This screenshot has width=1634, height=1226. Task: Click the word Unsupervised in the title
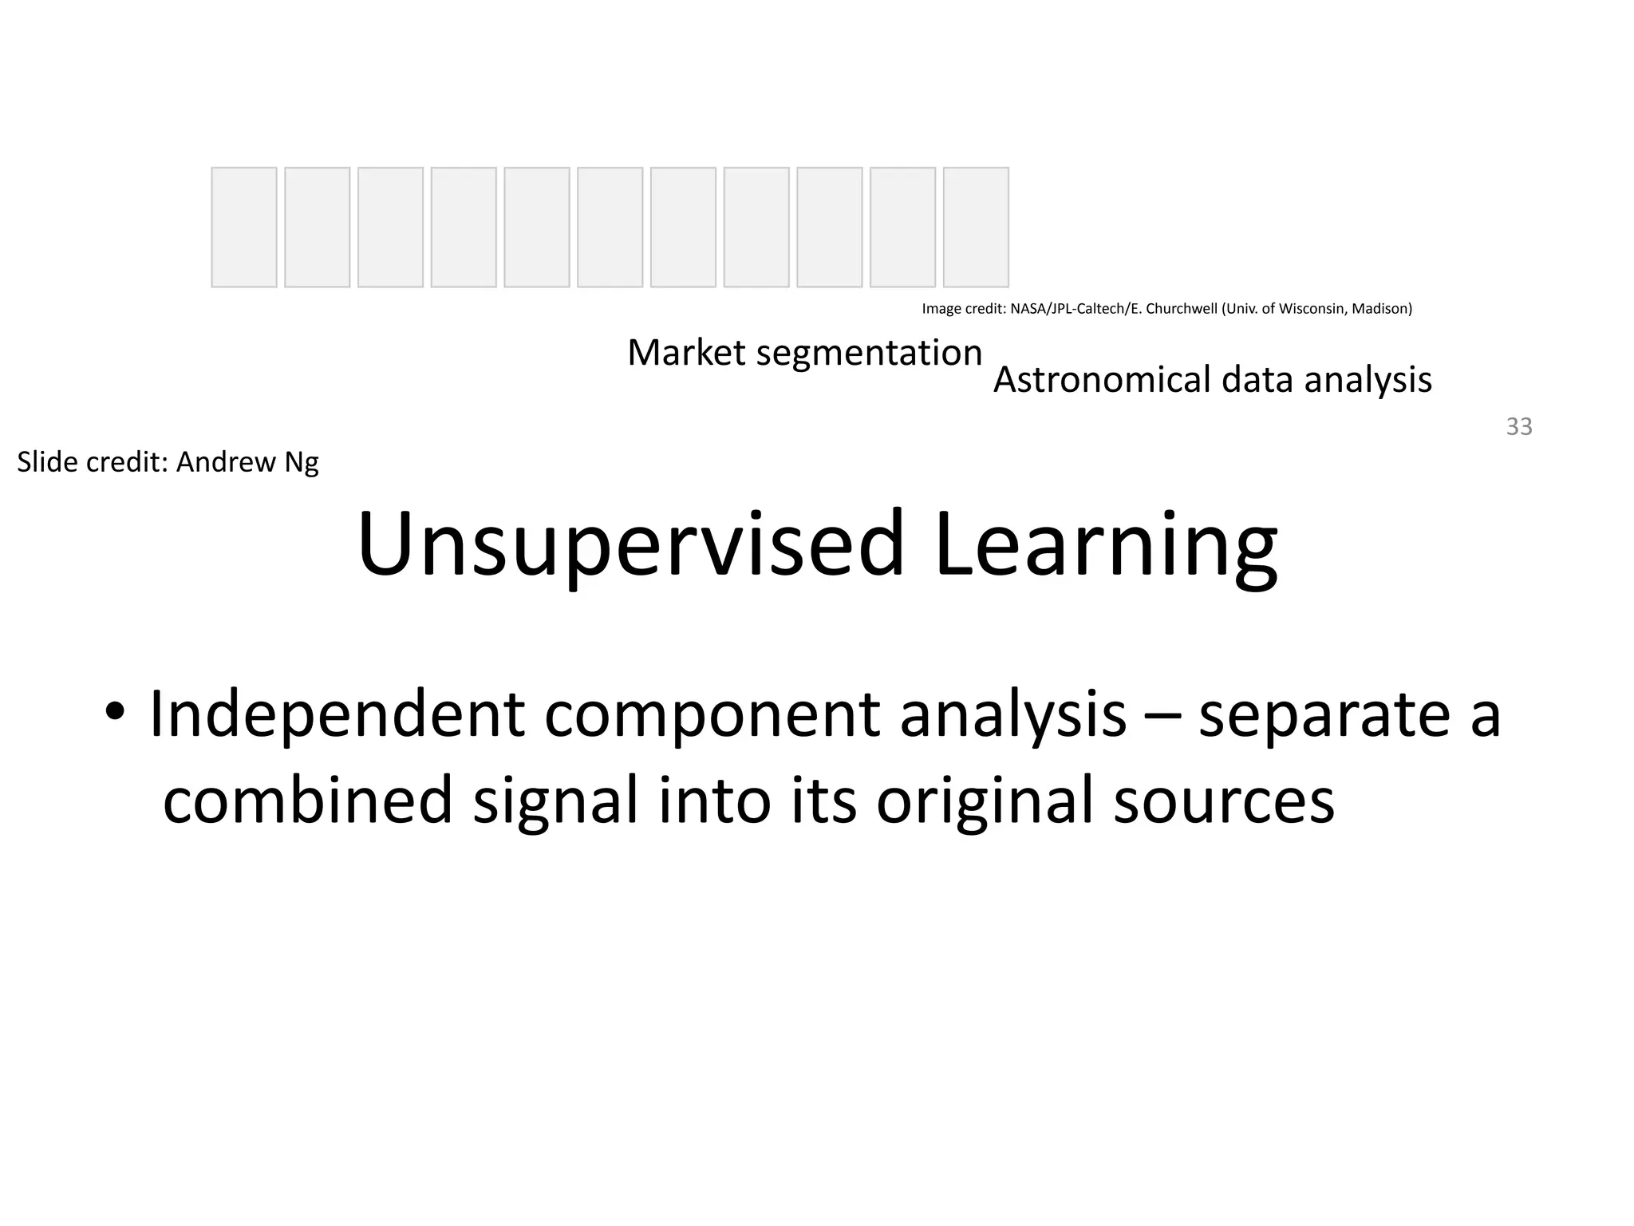coord(631,545)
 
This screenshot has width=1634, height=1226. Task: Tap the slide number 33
coord(1519,427)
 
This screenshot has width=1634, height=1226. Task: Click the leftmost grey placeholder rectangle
coord(244,227)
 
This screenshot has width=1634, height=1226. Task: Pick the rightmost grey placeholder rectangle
coord(976,227)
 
